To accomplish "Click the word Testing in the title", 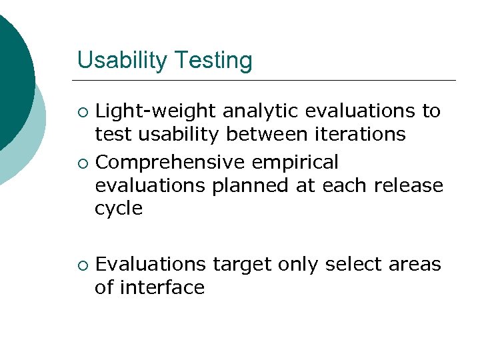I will point(214,61).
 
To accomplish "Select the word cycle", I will point(119,209).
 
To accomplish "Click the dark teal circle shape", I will point(10,73).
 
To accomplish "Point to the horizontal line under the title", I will point(267,81).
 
